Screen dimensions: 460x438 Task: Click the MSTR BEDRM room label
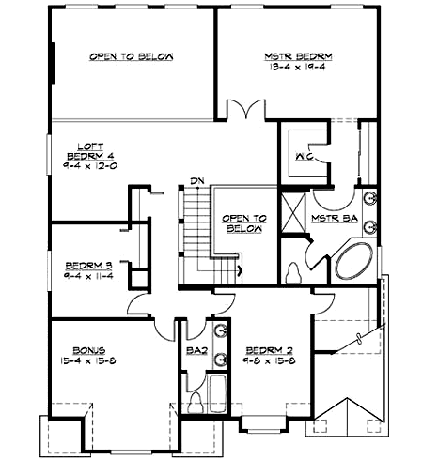click(x=298, y=57)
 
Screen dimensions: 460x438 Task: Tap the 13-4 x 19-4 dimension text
click(x=298, y=68)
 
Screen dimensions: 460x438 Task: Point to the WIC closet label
click(x=303, y=156)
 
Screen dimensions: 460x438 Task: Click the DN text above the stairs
click(x=196, y=180)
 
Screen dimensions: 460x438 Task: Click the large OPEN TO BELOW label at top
click(x=132, y=57)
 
